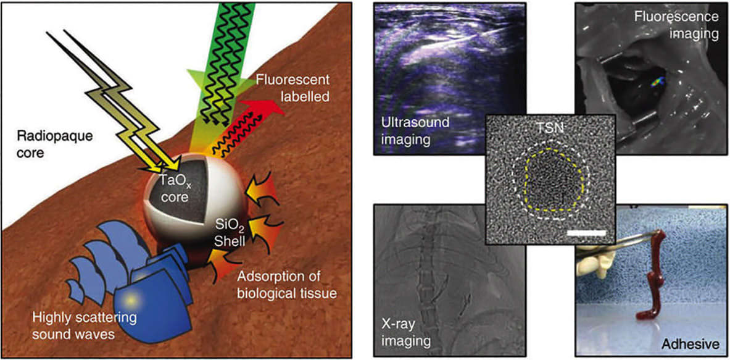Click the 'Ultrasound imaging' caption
(x=405, y=132)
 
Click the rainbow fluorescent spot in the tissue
(x=658, y=81)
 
